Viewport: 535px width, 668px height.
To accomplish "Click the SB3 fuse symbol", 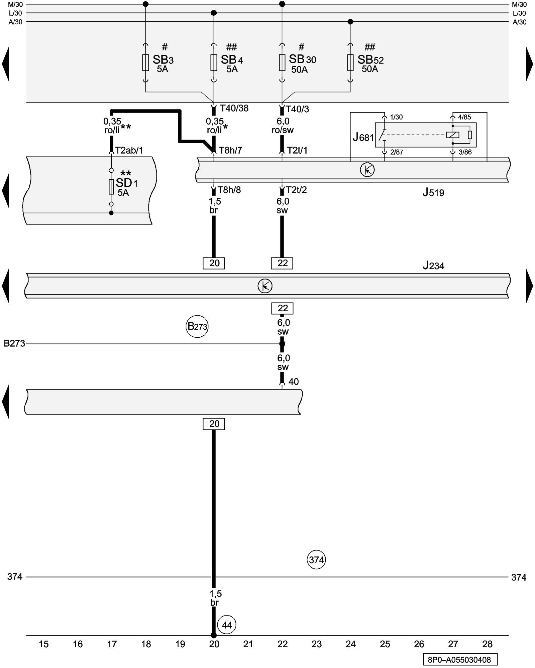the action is pos(145,62).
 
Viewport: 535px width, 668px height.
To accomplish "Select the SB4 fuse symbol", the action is pos(214,62).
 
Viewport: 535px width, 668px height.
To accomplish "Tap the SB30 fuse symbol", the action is pos(282,62).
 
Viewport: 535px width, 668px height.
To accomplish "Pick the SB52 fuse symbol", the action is pos(350,62).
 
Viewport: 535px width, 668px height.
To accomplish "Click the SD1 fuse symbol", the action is pos(111,187).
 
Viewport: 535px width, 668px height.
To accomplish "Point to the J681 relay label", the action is pos(363,137).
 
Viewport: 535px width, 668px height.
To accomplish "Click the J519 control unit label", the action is pos(433,192).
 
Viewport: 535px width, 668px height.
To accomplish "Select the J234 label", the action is pos(433,266).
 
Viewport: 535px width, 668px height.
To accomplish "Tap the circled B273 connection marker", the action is pos(197,326).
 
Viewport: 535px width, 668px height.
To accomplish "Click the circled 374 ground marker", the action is pos(316,559).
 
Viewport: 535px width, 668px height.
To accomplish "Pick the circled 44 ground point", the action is pos(227,625).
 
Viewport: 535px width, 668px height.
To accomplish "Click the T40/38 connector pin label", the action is pos(234,108).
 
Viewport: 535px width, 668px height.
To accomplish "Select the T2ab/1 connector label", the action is pos(129,150).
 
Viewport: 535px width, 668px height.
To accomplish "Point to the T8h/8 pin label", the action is pos(229,190).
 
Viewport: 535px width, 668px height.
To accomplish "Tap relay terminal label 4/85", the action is pos(464,117).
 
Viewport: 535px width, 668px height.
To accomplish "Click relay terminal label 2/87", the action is pos(397,152).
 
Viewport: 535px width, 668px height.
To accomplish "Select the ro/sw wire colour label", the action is pos(283,130).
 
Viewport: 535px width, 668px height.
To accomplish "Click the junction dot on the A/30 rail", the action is pos(350,22).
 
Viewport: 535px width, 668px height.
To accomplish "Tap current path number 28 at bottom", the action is pos(487,644).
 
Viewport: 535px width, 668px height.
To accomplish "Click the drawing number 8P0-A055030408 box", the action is pos(460,660).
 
